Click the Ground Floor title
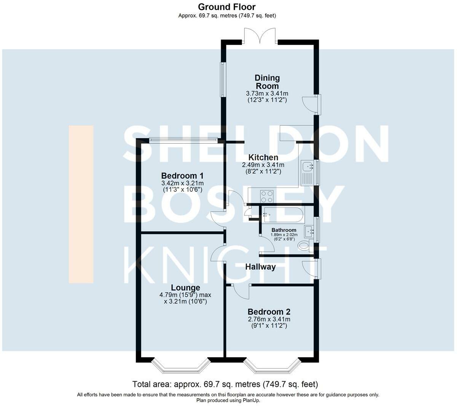226,7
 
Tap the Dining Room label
267,82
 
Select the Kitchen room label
263,157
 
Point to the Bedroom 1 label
182,175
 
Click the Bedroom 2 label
269,311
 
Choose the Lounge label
185,287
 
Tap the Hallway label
260,267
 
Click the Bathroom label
284,230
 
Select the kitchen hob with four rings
267,196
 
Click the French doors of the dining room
260,36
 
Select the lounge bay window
180,366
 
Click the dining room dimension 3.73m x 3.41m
267,93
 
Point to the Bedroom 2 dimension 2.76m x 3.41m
269,319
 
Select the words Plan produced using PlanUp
228,400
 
